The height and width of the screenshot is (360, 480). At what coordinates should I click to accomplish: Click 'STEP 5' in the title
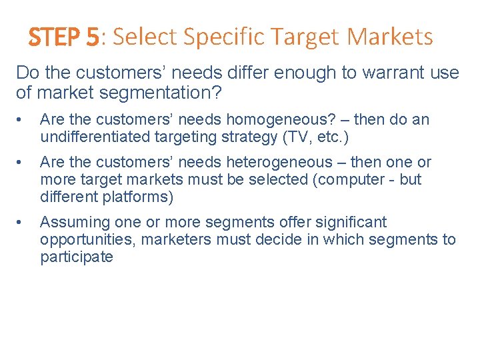tap(63, 37)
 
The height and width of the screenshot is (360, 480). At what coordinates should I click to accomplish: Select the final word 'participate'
tap(77, 257)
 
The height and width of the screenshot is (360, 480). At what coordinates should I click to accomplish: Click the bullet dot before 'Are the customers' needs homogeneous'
tap(23, 121)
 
